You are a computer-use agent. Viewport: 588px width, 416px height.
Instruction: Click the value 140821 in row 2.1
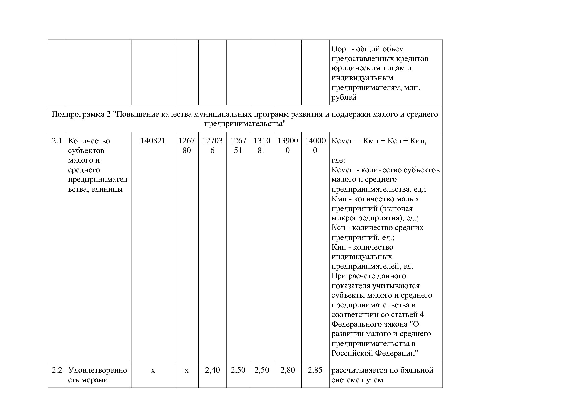[x=153, y=141]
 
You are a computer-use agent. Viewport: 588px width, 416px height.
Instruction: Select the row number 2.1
[x=57, y=141]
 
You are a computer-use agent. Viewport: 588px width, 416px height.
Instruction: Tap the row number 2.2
[x=57, y=370]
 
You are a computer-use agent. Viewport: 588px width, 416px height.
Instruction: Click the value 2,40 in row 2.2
[x=212, y=370]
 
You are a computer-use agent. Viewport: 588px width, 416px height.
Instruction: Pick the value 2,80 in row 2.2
[x=287, y=370]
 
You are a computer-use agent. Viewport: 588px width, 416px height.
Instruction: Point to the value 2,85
[x=315, y=370]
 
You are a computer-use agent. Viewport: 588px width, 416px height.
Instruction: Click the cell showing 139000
[x=287, y=145]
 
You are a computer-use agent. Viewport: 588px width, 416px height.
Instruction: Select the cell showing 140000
[x=315, y=145]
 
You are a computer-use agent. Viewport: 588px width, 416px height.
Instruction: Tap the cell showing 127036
[x=212, y=145]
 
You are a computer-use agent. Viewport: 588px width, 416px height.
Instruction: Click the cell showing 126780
[x=186, y=145]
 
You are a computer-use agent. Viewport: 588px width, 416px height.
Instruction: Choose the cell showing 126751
[x=238, y=145]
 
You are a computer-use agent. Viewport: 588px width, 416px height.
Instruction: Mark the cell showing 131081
[x=262, y=145]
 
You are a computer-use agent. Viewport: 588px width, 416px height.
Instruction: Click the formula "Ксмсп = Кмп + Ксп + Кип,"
[x=379, y=141]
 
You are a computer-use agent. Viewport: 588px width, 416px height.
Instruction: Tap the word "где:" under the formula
[x=338, y=160]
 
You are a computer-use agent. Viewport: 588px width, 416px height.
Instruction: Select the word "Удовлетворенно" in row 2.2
[x=98, y=370]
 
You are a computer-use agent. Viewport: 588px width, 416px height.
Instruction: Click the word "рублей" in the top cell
[x=344, y=98]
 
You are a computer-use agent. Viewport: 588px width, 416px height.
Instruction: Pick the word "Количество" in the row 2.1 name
[x=89, y=141]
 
